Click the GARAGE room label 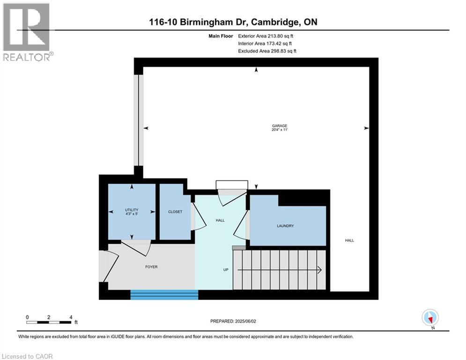click(279, 126)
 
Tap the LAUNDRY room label click(285, 226)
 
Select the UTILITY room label click(132, 210)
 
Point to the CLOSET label click(175, 212)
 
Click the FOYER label click(151, 267)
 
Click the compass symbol click(429, 317)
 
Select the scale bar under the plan click(49, 322)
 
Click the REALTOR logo click(27, 32)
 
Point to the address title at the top click(233, 22)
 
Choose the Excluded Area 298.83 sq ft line click(267, 51)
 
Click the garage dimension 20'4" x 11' click(279, 131)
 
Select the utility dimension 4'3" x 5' click(132, 214)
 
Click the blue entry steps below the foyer click(164, 294)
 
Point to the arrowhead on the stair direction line click(319, 270)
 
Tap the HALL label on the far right click(349, 240)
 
